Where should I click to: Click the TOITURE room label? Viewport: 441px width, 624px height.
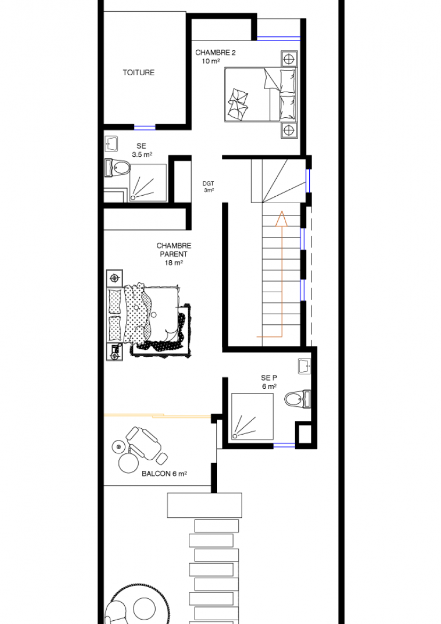(139, 73)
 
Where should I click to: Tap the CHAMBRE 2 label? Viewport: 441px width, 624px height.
(215, 52)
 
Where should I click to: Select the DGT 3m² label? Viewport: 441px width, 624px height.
(209, 187)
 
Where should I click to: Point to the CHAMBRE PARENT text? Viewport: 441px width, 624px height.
(173, 250)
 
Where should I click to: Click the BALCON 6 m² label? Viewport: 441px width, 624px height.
(164, 474)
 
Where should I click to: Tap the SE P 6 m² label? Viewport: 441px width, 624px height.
(269, 382)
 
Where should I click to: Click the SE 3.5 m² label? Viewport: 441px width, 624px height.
(142, 150)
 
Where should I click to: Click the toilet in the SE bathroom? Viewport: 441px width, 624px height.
(117, 167)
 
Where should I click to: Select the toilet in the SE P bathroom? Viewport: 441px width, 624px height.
(298, 399)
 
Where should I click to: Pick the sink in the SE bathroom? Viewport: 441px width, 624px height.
(111, 143)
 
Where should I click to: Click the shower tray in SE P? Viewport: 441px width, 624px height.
(252, 417)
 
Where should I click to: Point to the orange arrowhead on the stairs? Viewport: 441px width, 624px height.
(282, 219)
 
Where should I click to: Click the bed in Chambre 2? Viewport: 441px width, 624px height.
(261, 94)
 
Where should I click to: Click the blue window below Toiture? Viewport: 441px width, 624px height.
(145, 127)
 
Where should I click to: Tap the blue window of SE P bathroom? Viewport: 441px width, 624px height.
(284, 446)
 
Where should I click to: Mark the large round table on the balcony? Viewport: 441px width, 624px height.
(128, 463)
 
